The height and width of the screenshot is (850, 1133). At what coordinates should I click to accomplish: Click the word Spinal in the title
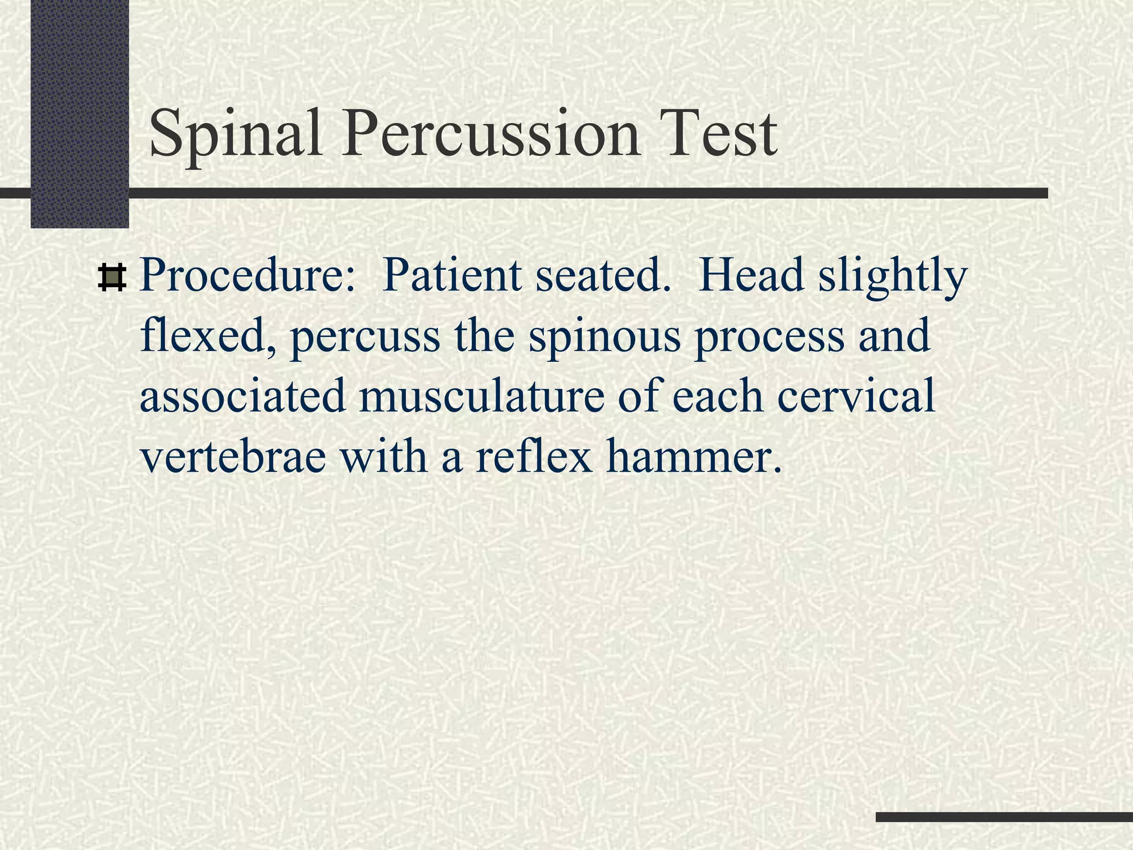235,134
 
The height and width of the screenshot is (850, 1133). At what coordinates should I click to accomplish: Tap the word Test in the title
721,134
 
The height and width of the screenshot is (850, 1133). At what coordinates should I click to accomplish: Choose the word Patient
451,276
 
